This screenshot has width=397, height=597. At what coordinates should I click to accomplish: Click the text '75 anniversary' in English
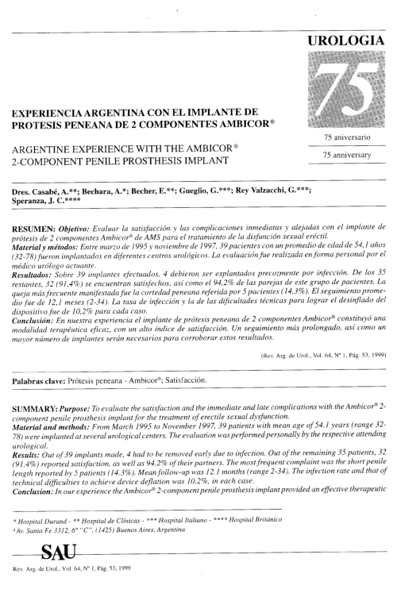342,156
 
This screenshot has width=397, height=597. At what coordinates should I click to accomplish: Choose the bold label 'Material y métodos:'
46,245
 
